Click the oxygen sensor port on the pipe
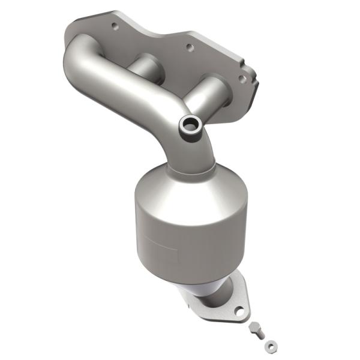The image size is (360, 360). coord(191,125)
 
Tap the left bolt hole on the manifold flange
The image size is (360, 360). coord(114,26)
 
